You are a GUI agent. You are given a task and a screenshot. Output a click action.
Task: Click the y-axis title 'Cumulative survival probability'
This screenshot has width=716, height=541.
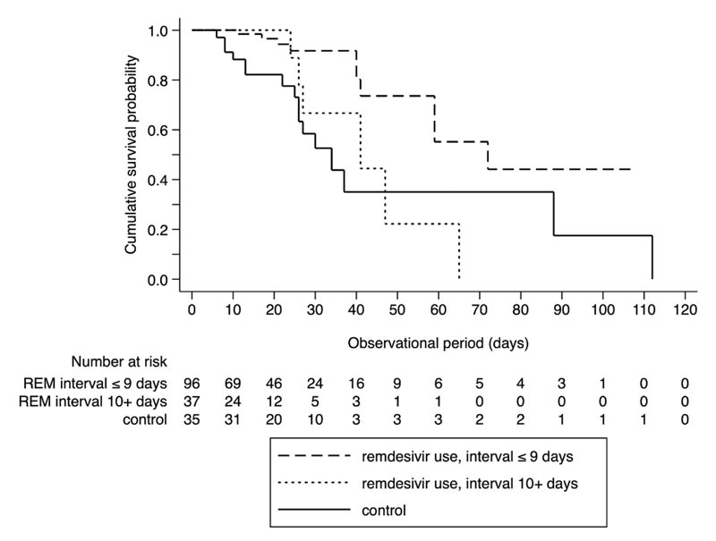(131, 155)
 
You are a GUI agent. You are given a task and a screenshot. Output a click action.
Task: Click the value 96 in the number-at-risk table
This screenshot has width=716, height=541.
(192, 382)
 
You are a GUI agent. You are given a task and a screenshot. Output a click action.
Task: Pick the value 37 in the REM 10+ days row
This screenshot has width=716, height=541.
(192, 401)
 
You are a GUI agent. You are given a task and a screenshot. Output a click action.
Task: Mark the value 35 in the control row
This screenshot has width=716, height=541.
(192, 419)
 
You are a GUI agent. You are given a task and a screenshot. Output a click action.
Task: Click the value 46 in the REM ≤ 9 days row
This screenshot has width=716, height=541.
(274, 382)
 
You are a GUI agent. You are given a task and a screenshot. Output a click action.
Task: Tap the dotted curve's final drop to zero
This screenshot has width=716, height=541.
(459, 254)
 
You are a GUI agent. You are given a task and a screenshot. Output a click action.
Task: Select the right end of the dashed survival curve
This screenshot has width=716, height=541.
(631, 169)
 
